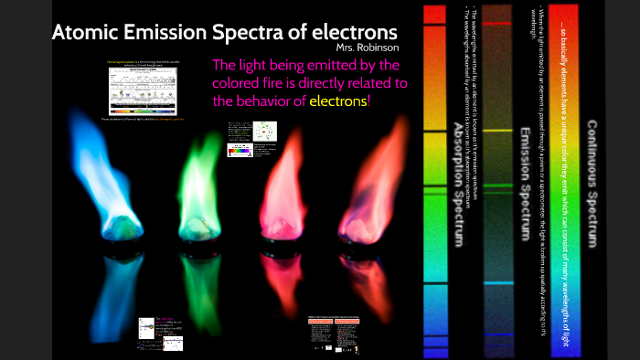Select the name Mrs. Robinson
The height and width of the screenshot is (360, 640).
(368, 48)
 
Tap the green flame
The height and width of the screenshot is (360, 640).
(205, 183)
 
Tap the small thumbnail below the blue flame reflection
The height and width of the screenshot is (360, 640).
(161, 334)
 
